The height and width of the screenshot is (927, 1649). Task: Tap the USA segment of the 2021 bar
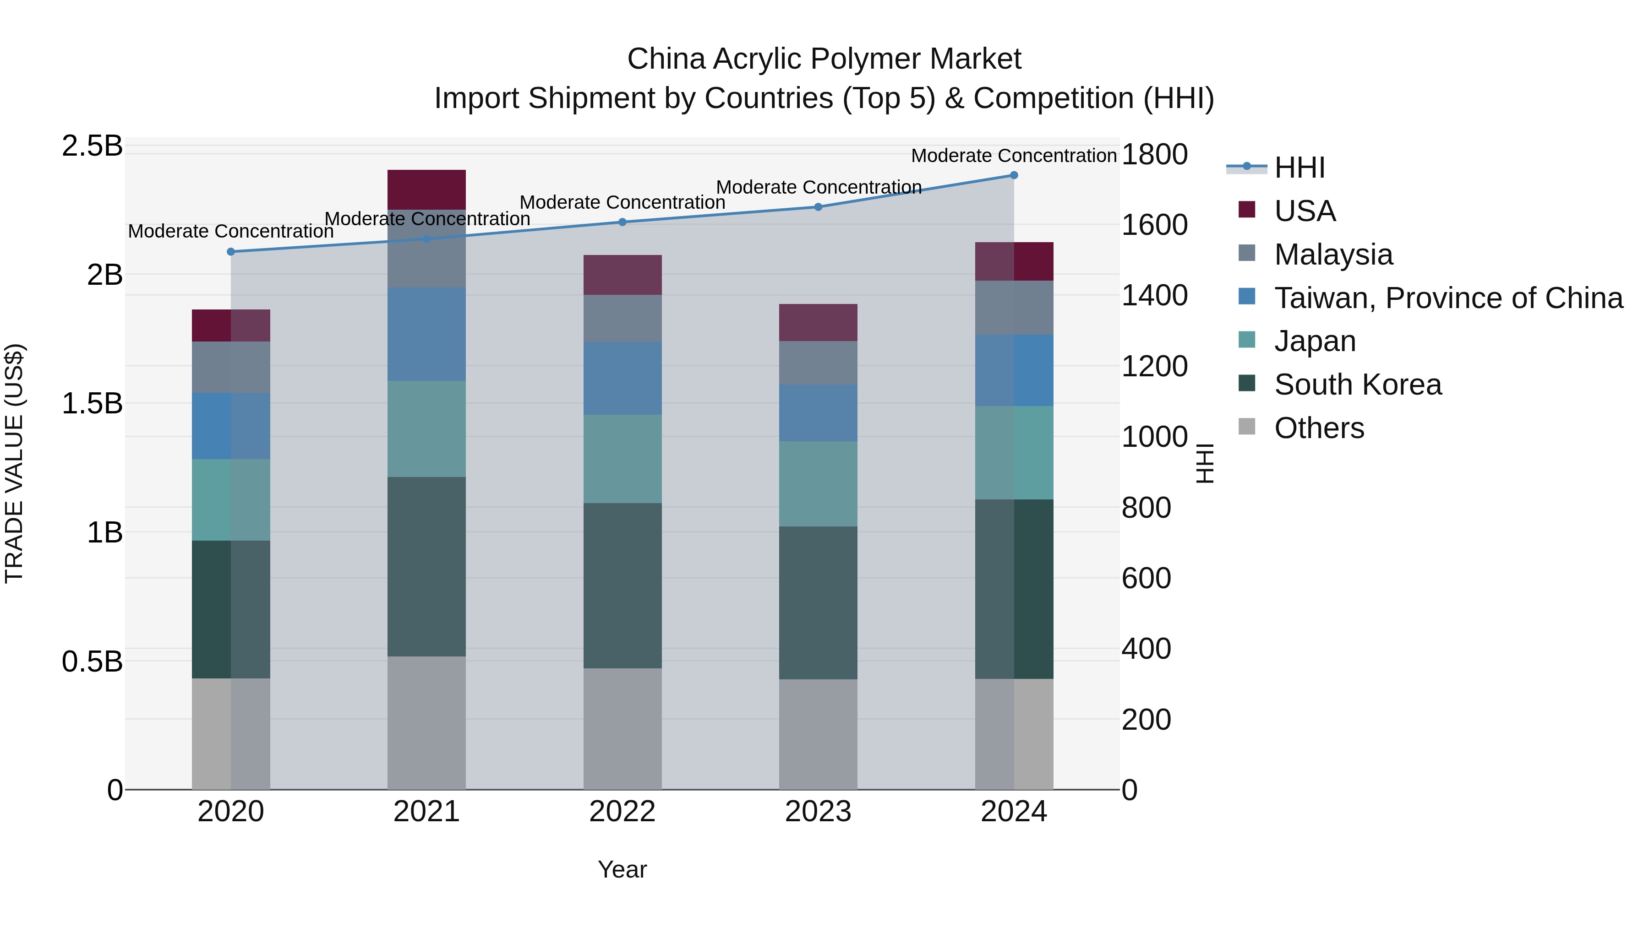pyautogui.click(x=426, y=190)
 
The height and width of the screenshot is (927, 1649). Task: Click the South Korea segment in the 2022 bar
pyautogui.click(x=622, y=585)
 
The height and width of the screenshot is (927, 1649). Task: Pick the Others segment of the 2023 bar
pyautogui.click(x=818, y=734)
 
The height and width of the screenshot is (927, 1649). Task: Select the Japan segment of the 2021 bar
pyautogui.click(x=426, y=428)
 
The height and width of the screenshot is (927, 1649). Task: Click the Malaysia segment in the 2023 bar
pyautogui.click(x=818, y=363)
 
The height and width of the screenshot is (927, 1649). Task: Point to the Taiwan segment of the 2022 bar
pyautogui.click(x=622, y=378)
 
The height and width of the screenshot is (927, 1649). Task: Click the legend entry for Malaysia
pyautogui.click(x=1333, y=255)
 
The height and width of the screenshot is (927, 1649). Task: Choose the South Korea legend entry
pyautogui.click(x=1357, y=385)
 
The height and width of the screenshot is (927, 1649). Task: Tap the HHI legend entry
pyautogui.click(x=1300, y=168)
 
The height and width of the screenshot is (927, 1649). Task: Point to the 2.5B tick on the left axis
pyautogui.click(x=92, y=146)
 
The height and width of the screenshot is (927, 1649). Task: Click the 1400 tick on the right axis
pyautogui.click(x=1154, y=296)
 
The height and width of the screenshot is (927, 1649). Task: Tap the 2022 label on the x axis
pyautogui.click(x=622, y=812)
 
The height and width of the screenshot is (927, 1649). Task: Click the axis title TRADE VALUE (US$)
pyautogui.click(x=14, y=463)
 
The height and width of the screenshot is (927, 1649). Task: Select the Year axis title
pyautogui.click(x=622, y=869)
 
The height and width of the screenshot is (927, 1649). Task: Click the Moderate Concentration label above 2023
pyautogui.click(x=818, y=187)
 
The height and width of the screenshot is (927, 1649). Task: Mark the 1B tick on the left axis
pyautogui.click(x=104, y=532)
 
